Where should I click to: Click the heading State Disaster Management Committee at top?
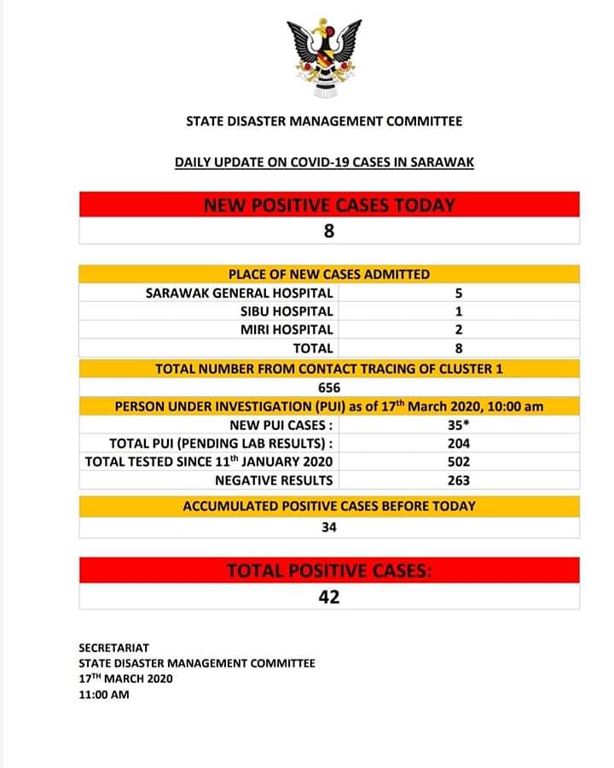click(324, 121)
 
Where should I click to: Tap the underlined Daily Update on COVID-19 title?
click(324, 160)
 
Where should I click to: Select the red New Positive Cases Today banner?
click(329, 205)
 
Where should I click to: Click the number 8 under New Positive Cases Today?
click(329, 230)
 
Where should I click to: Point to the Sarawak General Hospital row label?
click(240, 293)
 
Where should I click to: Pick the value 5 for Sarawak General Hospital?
click(459, 293)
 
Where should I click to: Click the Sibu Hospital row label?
click(287, 311)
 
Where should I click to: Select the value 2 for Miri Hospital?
click(459, 329)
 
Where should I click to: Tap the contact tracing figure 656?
click(329, 387)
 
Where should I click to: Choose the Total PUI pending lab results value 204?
click(459, 443)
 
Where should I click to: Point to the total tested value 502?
click(459, 462)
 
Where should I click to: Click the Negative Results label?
click(274, 480)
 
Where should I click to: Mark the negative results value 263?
click(459, 480)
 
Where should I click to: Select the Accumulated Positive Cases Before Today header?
click(329, 506)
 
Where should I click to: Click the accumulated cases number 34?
click(329, 527)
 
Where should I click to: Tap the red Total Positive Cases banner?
click(329, 571)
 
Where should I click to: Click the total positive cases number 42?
click(329, 596)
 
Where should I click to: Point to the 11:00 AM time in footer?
click(104, 695)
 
